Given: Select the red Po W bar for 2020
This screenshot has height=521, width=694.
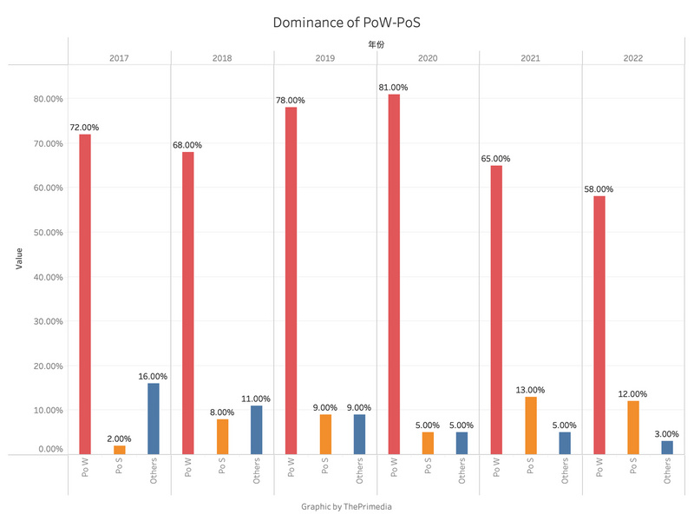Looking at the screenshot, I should pos(393,274).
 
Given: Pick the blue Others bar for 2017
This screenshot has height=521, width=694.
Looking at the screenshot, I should pos(153,419).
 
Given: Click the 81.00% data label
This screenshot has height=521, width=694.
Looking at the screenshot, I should pos(393,88).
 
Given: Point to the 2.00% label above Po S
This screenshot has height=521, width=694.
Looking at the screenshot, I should pos(119,439).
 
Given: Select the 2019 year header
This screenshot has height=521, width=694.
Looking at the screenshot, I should pos(325,58).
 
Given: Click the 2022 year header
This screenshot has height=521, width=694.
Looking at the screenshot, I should pos(633,58).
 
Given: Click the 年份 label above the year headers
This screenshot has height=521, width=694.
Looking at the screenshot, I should pos(376,43).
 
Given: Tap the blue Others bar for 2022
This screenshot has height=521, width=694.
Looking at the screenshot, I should pos(667,447).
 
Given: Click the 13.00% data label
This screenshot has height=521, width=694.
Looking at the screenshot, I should pos(530,390).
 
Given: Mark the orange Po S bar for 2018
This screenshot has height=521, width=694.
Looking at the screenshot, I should pos(222,437).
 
